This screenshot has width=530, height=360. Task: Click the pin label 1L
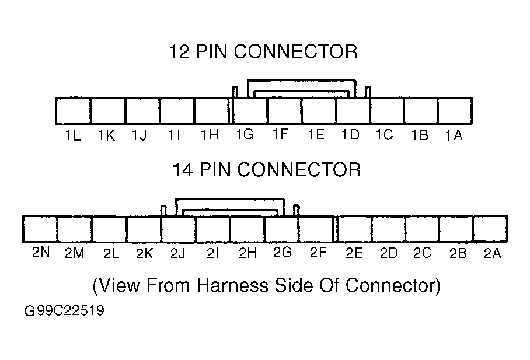point(73,135)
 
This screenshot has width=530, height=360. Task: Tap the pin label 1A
point(454,135)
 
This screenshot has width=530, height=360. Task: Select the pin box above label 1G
point(250,111)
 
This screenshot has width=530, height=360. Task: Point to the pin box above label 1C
point(387,111)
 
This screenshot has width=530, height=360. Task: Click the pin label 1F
point(280,134)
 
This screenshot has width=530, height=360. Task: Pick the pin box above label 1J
point(142,111)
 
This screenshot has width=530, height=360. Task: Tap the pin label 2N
point(41,252)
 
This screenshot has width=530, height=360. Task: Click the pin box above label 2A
point(490,229)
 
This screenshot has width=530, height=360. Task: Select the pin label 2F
point(318,253)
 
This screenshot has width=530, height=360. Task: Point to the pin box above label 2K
point(144,229)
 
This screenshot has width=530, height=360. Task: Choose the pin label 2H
point(247,253)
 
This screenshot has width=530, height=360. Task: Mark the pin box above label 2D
point(388,229)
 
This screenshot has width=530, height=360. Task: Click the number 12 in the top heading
point(179,52)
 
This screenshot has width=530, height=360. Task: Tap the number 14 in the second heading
point(183,169)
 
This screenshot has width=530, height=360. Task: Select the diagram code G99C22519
point(64,310)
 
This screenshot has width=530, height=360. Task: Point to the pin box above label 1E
point(319,111)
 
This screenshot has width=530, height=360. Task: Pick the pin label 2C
point(423,253)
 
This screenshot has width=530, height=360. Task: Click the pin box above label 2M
point(75,229)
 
